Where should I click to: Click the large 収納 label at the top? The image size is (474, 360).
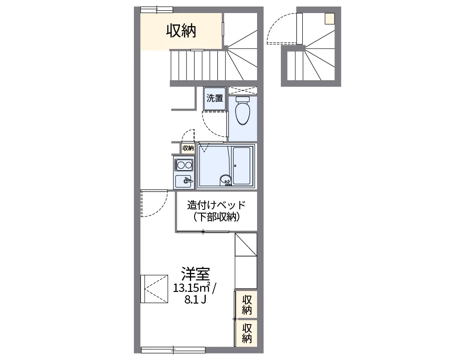[181, 31]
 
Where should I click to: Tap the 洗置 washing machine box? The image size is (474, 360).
[215, 98]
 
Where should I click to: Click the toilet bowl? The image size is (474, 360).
[243, 111]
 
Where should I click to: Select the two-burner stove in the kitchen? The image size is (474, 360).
[184, 165]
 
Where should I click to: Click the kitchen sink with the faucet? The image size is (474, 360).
[183, 181]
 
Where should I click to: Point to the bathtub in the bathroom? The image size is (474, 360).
[242, 166]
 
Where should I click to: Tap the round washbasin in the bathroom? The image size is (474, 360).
[225, 180]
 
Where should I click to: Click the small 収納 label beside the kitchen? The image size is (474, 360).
[188, 148]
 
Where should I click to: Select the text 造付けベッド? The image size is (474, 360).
[216, 205]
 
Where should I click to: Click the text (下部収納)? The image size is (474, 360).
[216, 217]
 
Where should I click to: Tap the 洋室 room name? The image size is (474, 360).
[195, 274]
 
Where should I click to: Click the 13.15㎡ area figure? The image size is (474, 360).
[192, 287]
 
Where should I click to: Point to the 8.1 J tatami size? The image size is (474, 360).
[195, 299]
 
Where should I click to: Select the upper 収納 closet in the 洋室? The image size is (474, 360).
[247, 305]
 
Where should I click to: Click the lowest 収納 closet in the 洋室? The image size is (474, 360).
[247, 333]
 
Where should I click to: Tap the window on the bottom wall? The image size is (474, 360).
[173, 350]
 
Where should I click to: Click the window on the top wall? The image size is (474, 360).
[157, 10]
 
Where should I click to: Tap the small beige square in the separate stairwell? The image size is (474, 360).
[329, 19]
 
